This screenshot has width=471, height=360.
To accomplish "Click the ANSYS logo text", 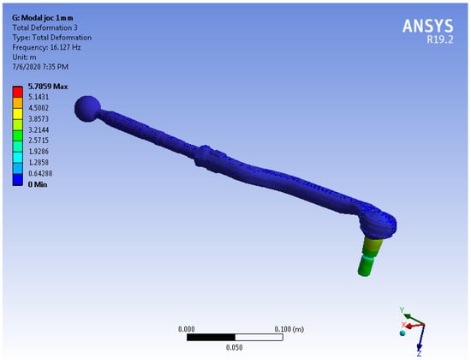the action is coord(427,26).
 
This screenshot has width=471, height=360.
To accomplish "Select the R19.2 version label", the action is coord(440,39).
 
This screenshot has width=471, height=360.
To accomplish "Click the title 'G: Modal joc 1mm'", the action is coord(42,18).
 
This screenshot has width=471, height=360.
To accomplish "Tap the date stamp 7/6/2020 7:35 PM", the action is coord(40,67).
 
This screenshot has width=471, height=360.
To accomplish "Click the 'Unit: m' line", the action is coord(24,57).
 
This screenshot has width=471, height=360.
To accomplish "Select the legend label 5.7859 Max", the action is coord(48,87).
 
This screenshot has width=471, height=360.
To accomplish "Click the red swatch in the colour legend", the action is coord(18,92).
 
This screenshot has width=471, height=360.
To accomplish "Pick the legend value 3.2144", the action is coord(39,130).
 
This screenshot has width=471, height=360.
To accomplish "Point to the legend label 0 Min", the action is coord(38,184).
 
